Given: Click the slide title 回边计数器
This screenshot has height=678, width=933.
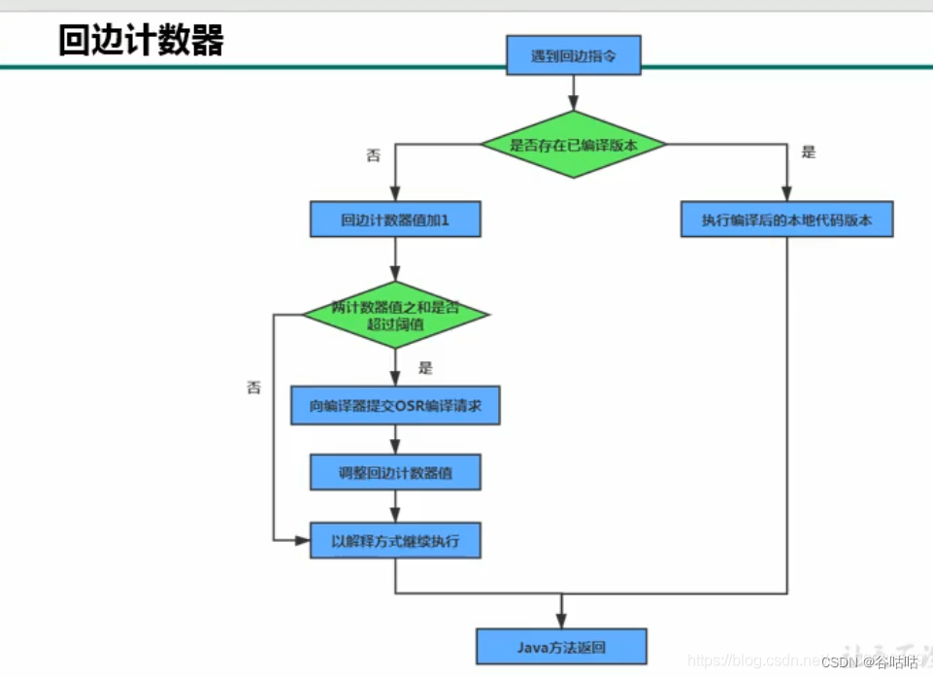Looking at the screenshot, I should pos(141,41).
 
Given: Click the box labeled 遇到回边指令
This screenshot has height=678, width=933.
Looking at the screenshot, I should pos(573,56).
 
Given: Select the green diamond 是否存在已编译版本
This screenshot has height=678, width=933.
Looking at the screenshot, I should pos(573,145).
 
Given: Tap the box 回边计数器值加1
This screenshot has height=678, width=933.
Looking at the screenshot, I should pos(395,220).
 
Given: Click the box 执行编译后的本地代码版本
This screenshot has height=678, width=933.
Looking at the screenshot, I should pos(786,220).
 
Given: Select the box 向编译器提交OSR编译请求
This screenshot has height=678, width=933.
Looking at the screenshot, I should pos(395,406).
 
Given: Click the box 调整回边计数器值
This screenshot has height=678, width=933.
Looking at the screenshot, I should pos(395,473).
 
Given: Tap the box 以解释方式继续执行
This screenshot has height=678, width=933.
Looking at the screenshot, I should pos(395,540).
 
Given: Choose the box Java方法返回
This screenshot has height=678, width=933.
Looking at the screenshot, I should pos(561,645).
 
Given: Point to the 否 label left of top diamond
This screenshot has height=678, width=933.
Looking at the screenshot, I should pos(373,154).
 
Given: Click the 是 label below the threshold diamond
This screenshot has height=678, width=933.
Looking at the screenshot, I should pos(424,368).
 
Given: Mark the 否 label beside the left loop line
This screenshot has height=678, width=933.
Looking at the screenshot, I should pos(253,387).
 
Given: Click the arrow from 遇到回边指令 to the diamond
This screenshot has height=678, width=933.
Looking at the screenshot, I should pos(573,93).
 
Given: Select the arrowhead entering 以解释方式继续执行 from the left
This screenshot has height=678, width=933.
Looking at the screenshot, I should pos(302,540).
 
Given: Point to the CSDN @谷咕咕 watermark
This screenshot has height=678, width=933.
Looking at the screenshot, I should pos(869,662).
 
